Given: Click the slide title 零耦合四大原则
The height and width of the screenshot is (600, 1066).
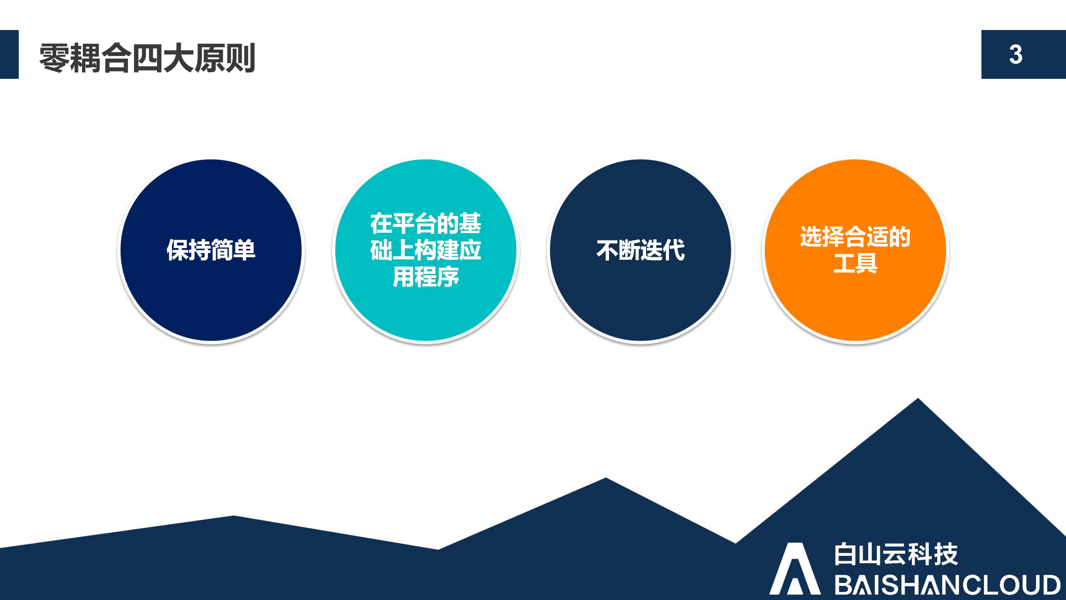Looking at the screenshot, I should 147,58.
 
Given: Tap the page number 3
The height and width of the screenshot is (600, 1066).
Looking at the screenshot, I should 1016,55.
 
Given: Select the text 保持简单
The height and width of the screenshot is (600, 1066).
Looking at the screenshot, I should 211,250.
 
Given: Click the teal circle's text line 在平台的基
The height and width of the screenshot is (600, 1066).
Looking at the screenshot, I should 425,223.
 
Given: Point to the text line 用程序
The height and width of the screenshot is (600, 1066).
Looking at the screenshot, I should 425,277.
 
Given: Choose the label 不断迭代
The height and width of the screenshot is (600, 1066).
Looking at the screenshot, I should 640,250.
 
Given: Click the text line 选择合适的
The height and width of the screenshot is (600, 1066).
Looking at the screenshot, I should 855,237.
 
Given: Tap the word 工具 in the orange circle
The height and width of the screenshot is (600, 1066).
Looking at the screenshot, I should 855,264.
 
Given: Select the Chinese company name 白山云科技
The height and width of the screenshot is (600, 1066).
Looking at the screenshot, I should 896,554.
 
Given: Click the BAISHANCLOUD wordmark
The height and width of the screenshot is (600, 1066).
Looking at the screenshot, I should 947,585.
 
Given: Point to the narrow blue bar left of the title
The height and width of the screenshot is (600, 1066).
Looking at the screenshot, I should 9,54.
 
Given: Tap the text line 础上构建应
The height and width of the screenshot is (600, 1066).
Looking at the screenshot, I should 425,250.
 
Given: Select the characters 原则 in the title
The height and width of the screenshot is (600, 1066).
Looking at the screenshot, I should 224,58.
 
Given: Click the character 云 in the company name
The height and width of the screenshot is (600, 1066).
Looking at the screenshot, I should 896,554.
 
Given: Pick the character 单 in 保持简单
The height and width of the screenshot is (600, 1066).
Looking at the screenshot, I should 244,250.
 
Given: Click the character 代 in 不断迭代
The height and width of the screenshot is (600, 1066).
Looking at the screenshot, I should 674,250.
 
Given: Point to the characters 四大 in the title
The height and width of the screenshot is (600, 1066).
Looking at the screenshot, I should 162,58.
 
